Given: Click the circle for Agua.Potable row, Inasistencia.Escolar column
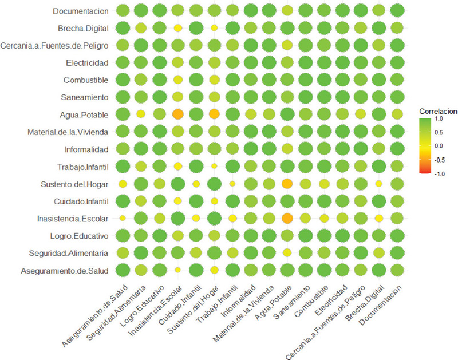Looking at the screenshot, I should (177, 114).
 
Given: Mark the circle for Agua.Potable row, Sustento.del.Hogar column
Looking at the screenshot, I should (214, 114).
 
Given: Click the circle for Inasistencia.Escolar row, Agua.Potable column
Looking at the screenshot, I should (287, 218).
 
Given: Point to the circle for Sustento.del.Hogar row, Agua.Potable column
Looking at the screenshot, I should (287, 184).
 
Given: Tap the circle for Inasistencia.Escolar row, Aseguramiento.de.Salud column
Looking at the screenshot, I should (122, 218).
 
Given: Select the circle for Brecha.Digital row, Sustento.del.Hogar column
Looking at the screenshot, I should (214, 27).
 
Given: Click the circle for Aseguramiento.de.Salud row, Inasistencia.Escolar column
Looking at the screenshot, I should (177, 270).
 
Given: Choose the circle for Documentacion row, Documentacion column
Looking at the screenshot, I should (397, 11).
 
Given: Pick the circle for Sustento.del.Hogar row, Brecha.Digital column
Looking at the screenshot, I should (378, 184).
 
